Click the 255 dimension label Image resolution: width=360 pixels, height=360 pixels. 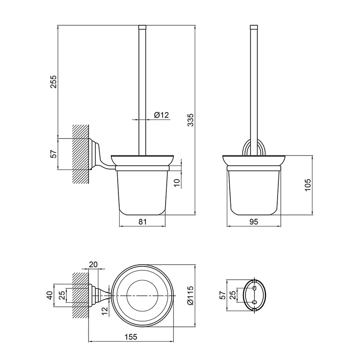[x=53, y=82]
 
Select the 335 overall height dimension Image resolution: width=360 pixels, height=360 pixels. [x=191, y=120]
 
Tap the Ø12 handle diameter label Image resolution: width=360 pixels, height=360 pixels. [x=162, y=115]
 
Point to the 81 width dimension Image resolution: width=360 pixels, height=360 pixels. [x=142, y=222]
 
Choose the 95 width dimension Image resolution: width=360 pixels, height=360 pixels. [x=254, y=222]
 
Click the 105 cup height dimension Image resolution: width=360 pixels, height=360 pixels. [x=308, y=185]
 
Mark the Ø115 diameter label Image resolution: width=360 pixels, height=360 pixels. [x=190, y=296]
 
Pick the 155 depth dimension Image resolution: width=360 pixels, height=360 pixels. [x=131, y=337]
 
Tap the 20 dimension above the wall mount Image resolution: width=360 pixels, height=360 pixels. [x=93, y=264]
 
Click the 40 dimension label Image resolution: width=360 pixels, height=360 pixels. [x=50, y=295]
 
